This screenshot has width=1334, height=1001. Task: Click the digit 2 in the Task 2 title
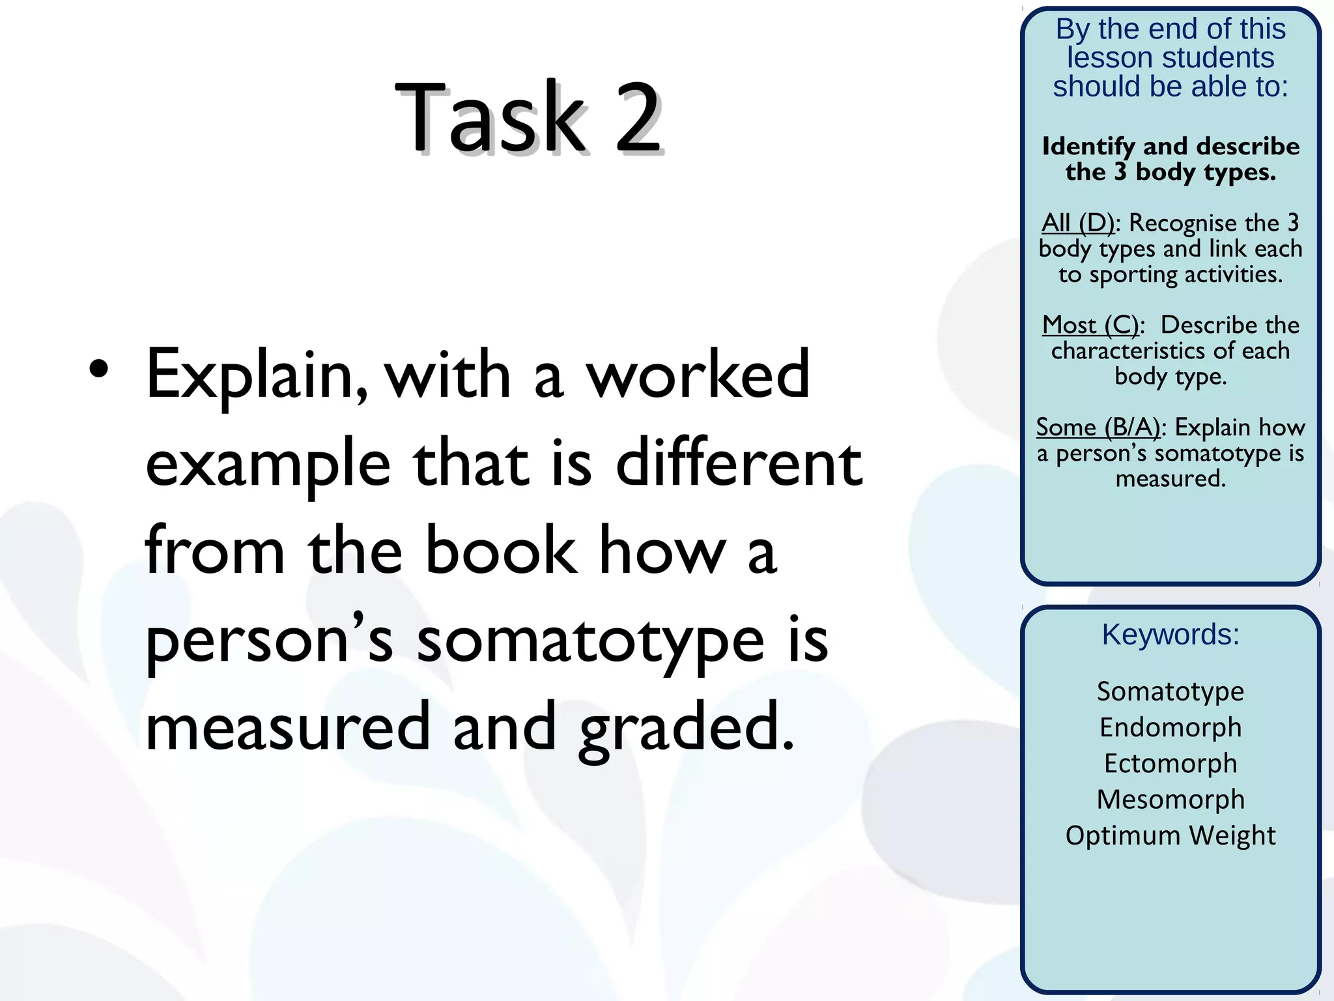pos(638,118)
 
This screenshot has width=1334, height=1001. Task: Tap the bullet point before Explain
pos(99,370)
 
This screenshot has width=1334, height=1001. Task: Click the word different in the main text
pos(739,463)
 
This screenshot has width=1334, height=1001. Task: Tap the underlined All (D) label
pos(1078,223)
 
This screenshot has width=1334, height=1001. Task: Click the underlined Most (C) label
pos(1090,325)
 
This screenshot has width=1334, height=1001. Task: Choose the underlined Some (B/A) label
pos(1098,427)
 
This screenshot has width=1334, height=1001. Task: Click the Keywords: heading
pos(1171,634)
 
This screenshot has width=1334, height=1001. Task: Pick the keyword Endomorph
pos(1171,727)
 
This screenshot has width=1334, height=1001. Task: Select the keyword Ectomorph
pos(1171,763)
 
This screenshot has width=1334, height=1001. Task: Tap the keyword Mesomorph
pos(1171,799)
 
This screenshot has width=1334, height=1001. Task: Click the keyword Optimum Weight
pos(1171,835)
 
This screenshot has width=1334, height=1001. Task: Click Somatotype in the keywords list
pos(1171,691)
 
